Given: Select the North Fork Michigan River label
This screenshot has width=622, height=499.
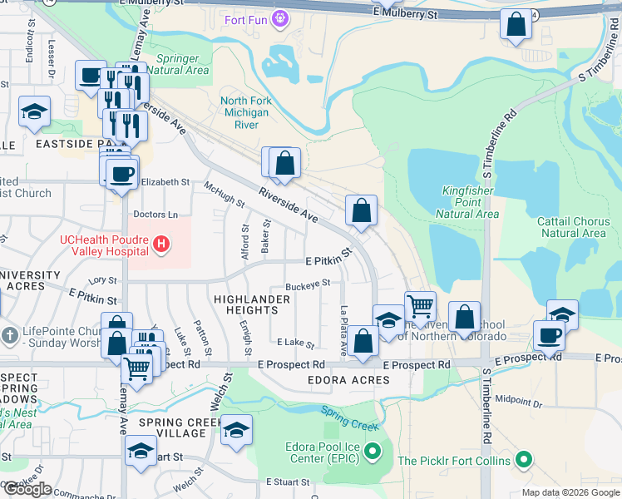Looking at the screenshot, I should pos(246,113).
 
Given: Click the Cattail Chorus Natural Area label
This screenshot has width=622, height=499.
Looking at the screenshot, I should pos(573,227).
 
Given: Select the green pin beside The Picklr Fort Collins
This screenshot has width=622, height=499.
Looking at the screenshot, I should pos(523,459).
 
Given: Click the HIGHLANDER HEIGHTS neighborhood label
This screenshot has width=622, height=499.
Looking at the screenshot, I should pos(245,304).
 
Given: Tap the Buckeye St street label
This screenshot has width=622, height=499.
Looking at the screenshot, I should pos(308,284).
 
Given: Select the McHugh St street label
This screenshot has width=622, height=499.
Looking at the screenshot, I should pos(224,195).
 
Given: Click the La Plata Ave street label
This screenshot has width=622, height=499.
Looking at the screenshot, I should pos(343,330).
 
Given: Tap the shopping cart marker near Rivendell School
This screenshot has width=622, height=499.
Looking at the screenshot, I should pos(420,306).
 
